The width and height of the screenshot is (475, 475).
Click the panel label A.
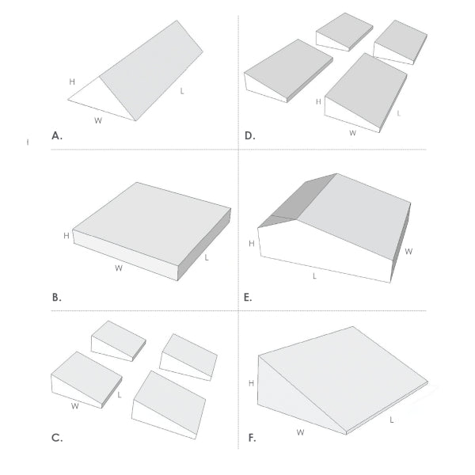(x=56, y=135)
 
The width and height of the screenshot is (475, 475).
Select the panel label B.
(x=56, y=298)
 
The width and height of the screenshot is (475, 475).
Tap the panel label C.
(x=56, y=437)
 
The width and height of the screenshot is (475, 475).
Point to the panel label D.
(x=249, y=135)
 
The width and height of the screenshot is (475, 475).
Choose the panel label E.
(x=249, y=298)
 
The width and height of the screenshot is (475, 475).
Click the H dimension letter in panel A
(x=72, y=82)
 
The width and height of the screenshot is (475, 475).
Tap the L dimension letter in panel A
(x=182, y=92)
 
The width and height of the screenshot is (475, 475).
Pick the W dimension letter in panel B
(x=118, y=268)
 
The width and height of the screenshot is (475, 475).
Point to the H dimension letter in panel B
(x=66, y=236)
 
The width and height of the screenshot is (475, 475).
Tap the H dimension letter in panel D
(x=317, y=102)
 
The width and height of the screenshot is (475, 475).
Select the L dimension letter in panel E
(x=314, y=276)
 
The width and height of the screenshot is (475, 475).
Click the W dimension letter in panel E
(x=409, y=251)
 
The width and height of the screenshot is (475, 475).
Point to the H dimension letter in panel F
(x=251, y=382)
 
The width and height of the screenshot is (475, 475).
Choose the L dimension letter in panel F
(x=393, y=420)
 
